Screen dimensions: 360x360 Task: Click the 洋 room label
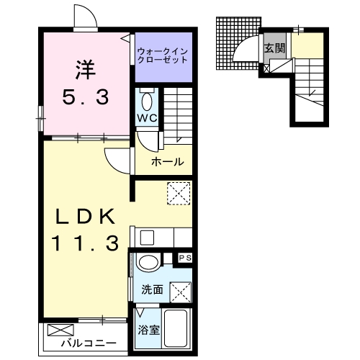coord(84,69)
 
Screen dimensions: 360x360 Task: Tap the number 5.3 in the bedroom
coord(84,96)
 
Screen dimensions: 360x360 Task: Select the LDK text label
coord(85,215)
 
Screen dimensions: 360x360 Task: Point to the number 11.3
coord(84,244)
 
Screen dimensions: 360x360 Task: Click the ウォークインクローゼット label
coord(163,55)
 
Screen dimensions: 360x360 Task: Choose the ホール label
coord(167,161)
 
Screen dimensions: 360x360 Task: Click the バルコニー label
coord(88,343)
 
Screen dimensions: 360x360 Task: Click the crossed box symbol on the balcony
coord(56,331)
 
